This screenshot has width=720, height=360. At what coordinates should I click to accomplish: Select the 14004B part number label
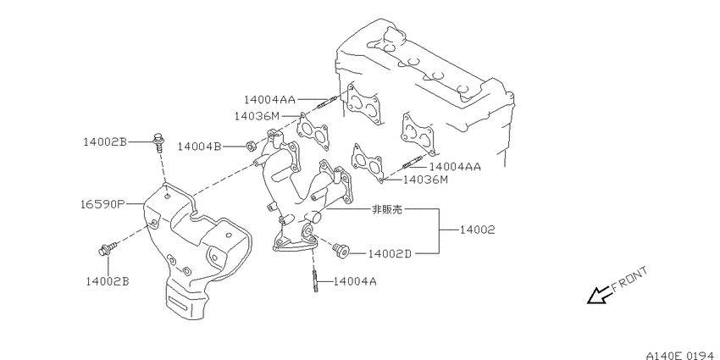[199, 147]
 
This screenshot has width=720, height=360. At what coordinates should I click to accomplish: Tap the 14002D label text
[390, 253]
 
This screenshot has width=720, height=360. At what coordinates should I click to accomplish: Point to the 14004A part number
[354, 280]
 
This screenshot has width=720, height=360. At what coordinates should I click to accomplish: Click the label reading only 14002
[478, 230]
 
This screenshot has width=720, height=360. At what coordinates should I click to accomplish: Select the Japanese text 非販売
[386, 209]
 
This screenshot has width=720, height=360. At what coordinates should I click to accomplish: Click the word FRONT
[629, 280]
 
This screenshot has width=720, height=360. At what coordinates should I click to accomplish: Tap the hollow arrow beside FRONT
[599, 296]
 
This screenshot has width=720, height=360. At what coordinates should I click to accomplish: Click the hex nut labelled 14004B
[252, 147]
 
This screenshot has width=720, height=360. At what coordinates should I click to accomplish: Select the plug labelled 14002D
[341, 250]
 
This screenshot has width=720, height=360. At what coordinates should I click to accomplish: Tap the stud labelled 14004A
[313, 281]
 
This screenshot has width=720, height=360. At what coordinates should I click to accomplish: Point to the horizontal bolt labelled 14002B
[108, 249]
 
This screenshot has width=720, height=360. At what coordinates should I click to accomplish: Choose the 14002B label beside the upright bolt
[105, 142]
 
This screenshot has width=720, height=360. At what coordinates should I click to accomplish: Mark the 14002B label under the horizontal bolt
[108, 280]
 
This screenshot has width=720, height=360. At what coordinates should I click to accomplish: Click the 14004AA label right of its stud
[455, 167]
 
